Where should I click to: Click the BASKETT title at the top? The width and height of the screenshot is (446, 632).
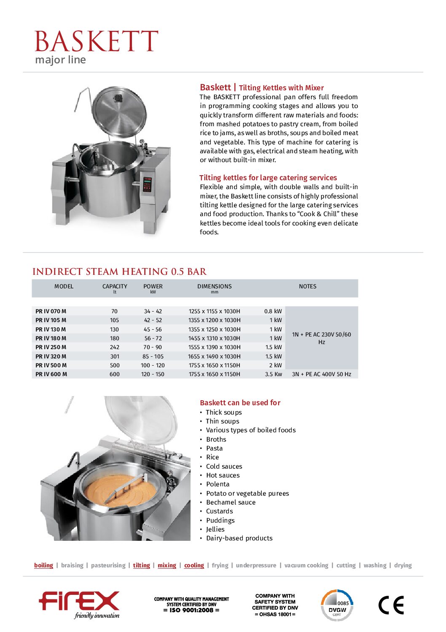[x=96, y=41]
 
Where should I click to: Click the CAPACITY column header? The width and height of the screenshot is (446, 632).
[x=115, y=286]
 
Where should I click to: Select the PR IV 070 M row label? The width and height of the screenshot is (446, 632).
[x=51, y=311]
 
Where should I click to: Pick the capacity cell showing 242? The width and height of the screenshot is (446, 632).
[x=115, y=347]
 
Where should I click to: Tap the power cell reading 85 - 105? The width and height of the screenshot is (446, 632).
[x=153, y=356]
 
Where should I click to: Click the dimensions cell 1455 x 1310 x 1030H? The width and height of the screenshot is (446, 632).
[x=214, y=338]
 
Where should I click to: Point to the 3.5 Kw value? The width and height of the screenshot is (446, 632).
[x=273, y=374]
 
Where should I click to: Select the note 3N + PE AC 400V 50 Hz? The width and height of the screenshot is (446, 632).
[x=321, y=374]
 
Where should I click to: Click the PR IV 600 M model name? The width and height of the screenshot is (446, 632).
[x=51, y=374]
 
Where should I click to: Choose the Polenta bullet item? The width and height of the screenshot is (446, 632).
[x=218, y=484]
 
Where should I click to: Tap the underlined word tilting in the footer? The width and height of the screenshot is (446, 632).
[x=141, y=565]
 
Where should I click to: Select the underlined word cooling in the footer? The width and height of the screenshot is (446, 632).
[x=194, y=565]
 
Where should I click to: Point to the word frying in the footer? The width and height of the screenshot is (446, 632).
[x=220, y=565]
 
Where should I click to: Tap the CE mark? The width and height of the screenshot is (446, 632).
[x=391, y=605]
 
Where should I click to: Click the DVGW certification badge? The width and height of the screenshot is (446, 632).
[x=337, y=605]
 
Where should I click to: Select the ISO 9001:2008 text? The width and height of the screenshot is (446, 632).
[x=191, y=610]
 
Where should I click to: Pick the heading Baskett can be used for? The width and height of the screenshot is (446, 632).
[x=240, y=403]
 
